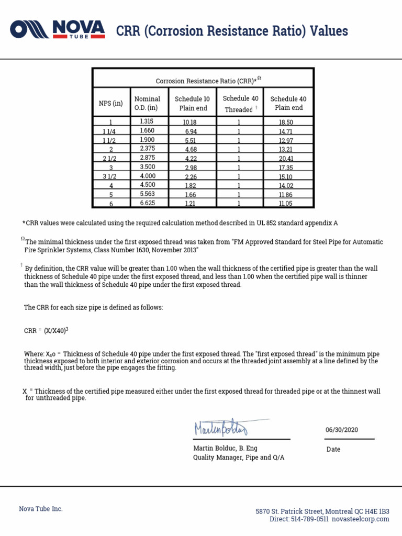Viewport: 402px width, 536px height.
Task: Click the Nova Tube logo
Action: (58, 29)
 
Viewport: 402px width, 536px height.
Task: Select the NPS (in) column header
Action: (111, 103)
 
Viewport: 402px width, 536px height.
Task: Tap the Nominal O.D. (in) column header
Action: (147, 103)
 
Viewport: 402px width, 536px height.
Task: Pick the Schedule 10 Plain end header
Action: (192, 103)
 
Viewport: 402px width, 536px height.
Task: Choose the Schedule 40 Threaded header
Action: (240, 104)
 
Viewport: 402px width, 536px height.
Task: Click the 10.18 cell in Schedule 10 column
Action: (190, 122)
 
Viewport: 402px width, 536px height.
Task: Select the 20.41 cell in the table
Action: (286, 159)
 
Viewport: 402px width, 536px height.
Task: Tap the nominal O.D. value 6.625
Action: (148, 203)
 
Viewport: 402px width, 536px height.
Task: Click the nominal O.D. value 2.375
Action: (148, 149)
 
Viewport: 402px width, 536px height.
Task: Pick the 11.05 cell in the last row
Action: (286, 204)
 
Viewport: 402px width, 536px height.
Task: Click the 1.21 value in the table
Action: (190, 204)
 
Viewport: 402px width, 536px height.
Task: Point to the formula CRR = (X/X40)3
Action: (47, 330)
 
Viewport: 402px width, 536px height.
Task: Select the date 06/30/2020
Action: (342, 429)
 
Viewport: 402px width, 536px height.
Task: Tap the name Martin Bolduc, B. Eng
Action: (226, 448)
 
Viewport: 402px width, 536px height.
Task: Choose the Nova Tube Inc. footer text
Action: (41, 509)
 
